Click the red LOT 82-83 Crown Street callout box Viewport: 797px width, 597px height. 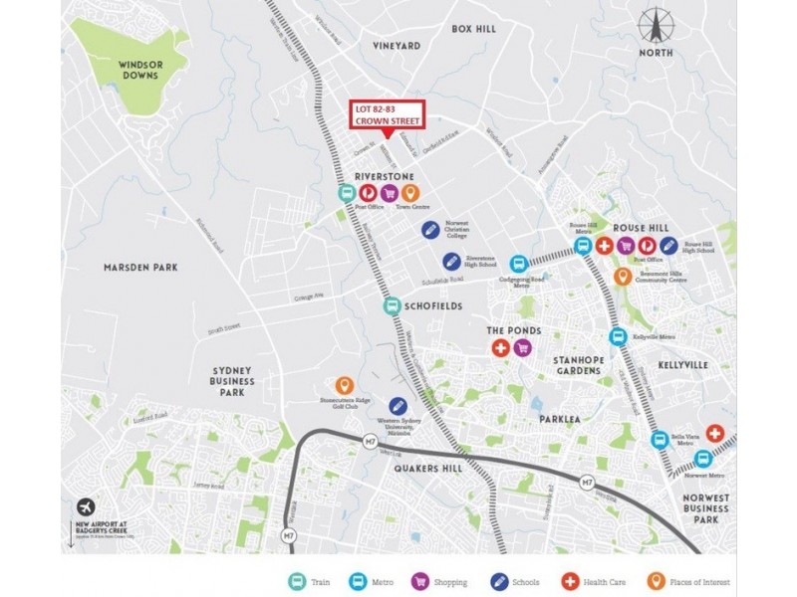point(387,114)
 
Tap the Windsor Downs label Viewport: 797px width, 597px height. point(140,69)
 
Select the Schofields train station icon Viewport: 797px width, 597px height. point(393,306)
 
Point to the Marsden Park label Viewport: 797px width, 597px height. point(140,267)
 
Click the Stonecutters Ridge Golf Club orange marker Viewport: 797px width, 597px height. point(345,385)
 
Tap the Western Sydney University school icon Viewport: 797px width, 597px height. point(398,406)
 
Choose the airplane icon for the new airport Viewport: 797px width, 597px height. point(83,506)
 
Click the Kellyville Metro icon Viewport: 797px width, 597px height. point(618,336)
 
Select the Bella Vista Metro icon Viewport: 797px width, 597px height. point(660,439)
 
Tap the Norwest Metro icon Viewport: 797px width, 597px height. point(702,459)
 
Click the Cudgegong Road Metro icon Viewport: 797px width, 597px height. point(517,264)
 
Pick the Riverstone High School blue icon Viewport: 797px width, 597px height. point(451,261)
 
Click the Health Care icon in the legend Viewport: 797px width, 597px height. point(571,581)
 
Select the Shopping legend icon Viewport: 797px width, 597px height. point(419,581)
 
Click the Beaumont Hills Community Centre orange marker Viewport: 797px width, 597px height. point(623,276)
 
